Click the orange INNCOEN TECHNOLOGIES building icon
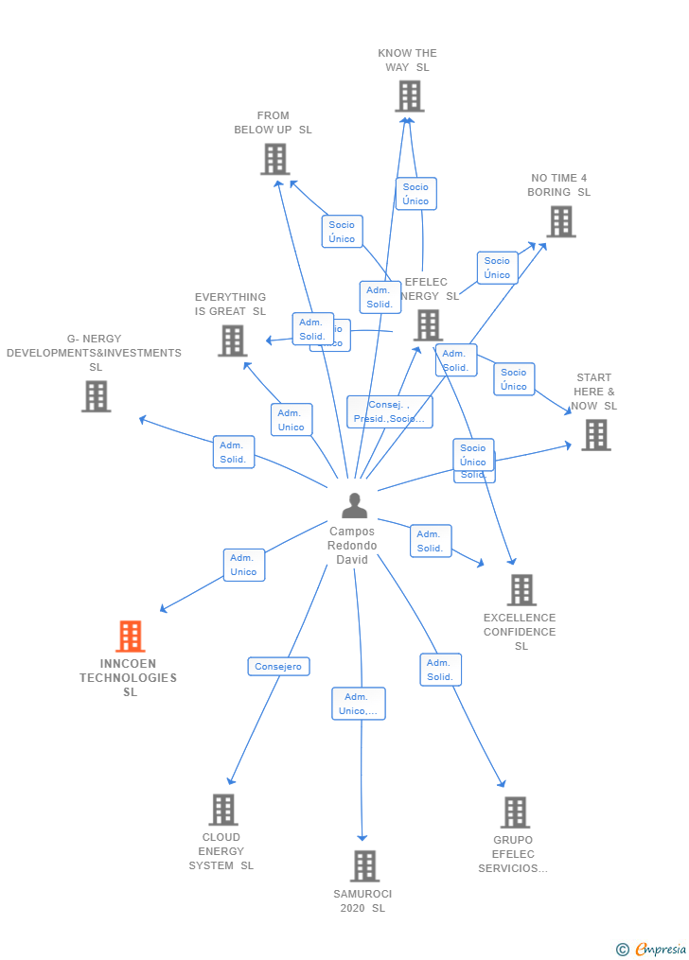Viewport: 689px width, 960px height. [x=131, y=637]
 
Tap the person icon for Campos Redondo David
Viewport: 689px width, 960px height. [x=354, y=506]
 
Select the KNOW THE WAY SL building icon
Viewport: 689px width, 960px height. [x=409, y=96]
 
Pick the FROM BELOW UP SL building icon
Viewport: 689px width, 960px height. [x=274, y=159]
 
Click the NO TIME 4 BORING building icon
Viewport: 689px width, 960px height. [x=560, y=221]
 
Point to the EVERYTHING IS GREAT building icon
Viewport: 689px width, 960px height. [x=232, y=340]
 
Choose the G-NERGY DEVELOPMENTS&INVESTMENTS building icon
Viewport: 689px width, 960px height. [x=96, y=396]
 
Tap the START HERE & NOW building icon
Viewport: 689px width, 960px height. [x=595, y=435]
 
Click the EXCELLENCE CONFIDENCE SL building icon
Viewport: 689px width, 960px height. [x=521, y=590]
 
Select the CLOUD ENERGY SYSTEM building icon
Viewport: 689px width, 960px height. [x=222, y=810]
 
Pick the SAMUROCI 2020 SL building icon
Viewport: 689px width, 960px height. [x=364, y=865]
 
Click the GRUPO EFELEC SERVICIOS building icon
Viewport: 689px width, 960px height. [x=514, y=812]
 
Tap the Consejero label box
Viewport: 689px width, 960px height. [x=278, y=667]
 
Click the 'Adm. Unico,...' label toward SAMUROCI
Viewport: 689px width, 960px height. [x=359, y=704]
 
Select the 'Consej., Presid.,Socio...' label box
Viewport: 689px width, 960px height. [x=389, y=411]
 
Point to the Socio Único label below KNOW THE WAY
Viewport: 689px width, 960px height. [x=415, y=194]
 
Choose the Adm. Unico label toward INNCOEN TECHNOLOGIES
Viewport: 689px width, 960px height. [x=244, y=565]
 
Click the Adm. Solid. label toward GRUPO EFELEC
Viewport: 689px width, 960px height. [x=440, y=670]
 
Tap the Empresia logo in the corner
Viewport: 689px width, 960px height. [x=652, y=949]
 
